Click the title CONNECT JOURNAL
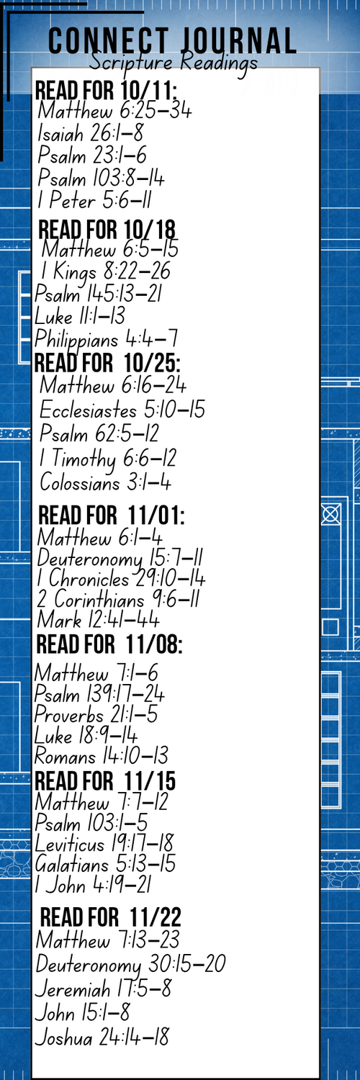click(x=172, y=40)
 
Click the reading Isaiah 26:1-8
click(x=91, y=133)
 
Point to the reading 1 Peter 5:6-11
click(x=94, y=200)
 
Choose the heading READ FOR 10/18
click(x=107, y=230)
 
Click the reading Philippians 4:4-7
click(x=106, y=339)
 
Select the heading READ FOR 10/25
click(x=107, y=363)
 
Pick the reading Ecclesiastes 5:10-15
click(x=122, y=410)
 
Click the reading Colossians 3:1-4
click(x=106, y=482)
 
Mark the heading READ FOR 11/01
click(x=112, y=516)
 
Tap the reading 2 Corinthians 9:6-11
click(x=119, y=599)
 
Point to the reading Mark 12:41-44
click(x=99, y=620)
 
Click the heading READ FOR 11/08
click(x=109, y=644)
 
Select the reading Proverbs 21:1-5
click(x=96, y=715)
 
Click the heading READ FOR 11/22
click(x=110, y=917)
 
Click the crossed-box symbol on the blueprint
click(x=330, y=515)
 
